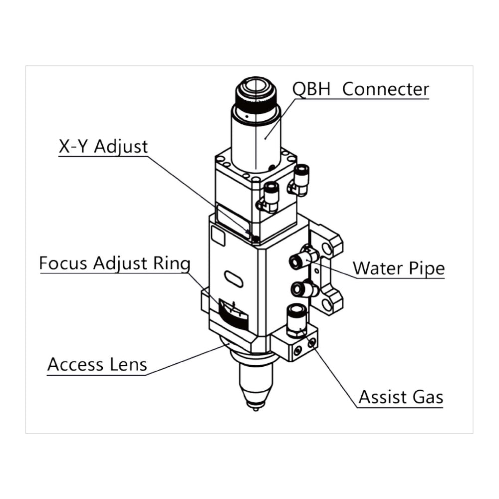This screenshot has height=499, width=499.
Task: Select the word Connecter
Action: tap(386, 89)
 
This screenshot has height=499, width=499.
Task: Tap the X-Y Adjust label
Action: tap(103, 147)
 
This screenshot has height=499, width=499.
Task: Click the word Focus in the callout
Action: tap(63, 263)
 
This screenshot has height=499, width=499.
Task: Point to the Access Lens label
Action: tap(97, 365)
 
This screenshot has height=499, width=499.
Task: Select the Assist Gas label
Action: tap(401, 398)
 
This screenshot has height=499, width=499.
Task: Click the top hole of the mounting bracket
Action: tap(327, 248)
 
